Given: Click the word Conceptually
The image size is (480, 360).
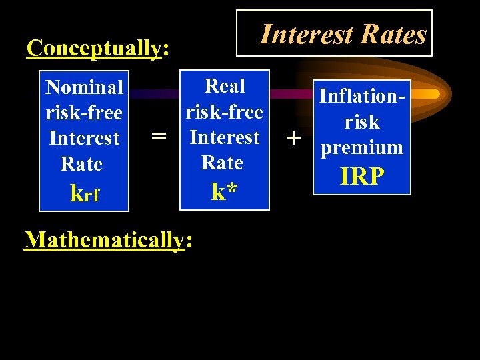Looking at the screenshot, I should (94, 48).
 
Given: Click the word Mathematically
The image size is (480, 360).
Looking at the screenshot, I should (104, 239).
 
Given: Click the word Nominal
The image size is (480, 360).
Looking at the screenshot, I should (84, 87).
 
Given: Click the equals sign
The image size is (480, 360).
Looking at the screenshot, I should (158, 136).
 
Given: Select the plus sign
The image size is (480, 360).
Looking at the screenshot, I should (292, 138).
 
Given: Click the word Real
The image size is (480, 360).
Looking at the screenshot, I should (225, 86).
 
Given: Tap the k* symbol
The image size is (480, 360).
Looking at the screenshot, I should (225, 192).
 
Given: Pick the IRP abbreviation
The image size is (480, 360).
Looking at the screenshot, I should (362, 176).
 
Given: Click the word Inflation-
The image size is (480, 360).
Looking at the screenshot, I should (362, 96).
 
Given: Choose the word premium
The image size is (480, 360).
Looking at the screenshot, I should (362, 147).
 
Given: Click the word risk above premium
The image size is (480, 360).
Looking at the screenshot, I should (362, 122).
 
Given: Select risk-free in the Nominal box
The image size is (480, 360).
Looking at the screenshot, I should (84, 113).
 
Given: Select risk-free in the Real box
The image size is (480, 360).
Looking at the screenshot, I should (225, 111).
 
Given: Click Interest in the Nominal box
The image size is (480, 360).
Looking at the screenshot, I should (84, 138).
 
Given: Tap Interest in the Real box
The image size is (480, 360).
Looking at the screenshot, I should (225, 137).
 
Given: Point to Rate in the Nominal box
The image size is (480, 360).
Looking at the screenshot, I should (81, 163).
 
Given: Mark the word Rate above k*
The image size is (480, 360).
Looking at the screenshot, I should (222, 162).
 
